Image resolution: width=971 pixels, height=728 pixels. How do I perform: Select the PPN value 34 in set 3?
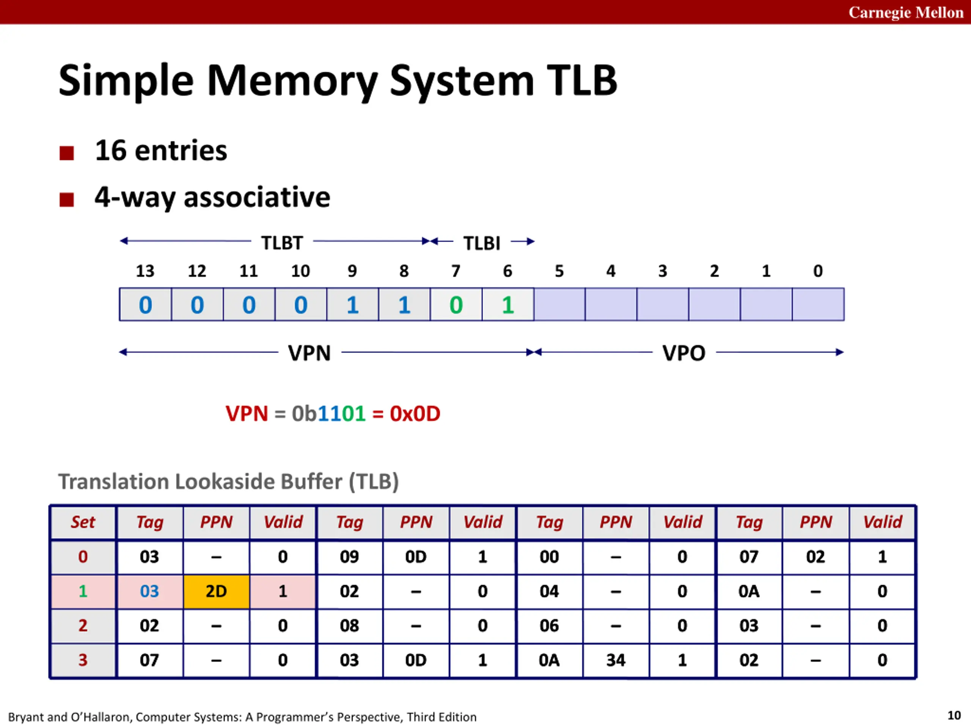(616, 660)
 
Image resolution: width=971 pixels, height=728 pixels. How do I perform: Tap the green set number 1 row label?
(83, 591)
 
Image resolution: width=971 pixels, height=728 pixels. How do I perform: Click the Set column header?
(83, 522)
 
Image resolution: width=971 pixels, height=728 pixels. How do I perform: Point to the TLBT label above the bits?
(282, 243)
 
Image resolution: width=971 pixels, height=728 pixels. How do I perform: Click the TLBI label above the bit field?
(482, 243)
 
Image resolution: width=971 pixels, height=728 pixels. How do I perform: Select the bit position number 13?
(145, 271)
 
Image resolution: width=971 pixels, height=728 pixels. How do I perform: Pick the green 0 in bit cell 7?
(456, 304)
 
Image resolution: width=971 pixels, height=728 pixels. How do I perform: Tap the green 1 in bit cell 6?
(508, 304)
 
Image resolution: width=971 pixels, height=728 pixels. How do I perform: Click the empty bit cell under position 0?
(818, 304)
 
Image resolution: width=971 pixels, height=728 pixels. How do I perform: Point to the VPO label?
(683, 353)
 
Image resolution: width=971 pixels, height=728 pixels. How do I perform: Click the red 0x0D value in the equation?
(415, 413)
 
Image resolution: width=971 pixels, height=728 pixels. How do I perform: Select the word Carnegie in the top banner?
(879, 12)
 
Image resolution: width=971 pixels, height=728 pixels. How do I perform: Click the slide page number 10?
(954, 715)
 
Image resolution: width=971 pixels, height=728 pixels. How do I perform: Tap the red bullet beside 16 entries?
(67, 153)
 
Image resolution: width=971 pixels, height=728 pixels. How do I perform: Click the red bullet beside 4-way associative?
(67, 200)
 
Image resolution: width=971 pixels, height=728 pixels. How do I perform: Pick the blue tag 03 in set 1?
(149, 591)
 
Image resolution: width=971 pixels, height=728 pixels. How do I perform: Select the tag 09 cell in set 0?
(349, 557)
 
